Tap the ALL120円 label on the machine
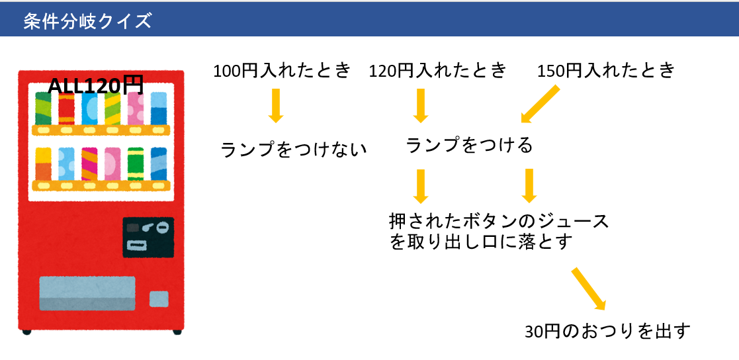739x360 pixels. (96, 86)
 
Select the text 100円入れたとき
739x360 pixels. (283, 71)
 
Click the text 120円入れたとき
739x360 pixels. (438, 71)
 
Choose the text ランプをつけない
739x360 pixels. (294, 150)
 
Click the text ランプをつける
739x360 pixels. (469, 146)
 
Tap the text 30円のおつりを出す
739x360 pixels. (607, 332)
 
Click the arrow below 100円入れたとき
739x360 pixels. (275, 105)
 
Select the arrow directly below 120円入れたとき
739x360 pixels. (420, 105)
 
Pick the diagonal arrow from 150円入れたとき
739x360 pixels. (540, 104)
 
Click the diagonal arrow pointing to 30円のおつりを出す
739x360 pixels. (588, 289)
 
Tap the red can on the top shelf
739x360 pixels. (66, 109)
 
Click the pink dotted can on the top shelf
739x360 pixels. (136, 109)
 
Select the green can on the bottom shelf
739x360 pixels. (136, 164)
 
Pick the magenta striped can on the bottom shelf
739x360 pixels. (89, 164)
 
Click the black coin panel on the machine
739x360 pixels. (148, 238)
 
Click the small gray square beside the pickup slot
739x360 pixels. (159, 299)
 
